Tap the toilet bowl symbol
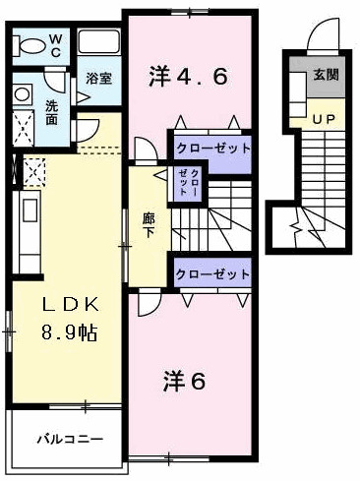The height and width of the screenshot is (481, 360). tap(30, 45)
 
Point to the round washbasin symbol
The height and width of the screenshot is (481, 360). tap(22, 95)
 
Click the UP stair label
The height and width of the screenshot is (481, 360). tap(323, 118)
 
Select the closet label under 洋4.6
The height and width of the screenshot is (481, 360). tap(212, 148)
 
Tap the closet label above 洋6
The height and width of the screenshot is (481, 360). tap(212, 273)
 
